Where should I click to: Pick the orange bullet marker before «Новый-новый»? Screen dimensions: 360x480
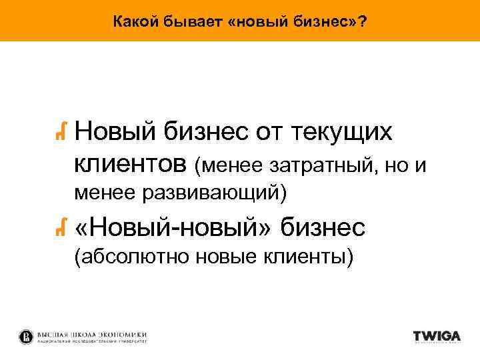click(61, 229)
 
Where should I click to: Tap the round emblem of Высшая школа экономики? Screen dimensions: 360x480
click(25, 336)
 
